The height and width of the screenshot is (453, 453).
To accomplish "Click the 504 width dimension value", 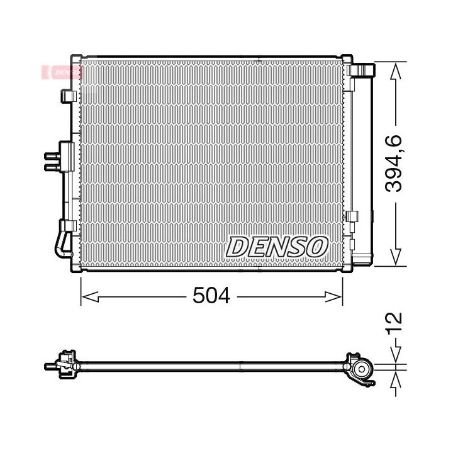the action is [x=211, y=296].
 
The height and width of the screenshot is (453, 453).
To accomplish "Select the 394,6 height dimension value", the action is [x=393, y=163].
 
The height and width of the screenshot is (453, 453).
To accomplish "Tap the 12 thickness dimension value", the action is [x=394, y=323].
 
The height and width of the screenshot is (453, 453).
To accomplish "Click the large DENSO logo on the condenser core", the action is [x=277, y=247].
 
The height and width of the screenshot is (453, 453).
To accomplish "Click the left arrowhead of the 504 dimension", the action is [x=90, y=297].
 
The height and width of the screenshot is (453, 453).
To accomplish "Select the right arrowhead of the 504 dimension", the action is [x=333, y=297].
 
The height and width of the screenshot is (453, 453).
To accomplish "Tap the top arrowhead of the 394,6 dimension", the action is [x=395, y=71].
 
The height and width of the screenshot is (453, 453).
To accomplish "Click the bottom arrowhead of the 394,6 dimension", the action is [x=395, y=257].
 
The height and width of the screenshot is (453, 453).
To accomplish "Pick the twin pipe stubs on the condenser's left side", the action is [x=52, y=162].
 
